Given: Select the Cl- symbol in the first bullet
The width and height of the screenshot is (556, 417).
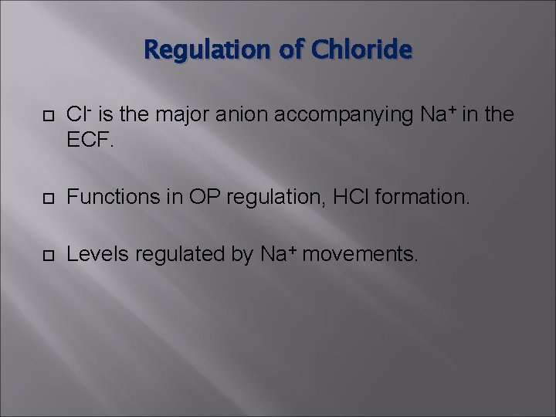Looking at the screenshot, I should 77,115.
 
